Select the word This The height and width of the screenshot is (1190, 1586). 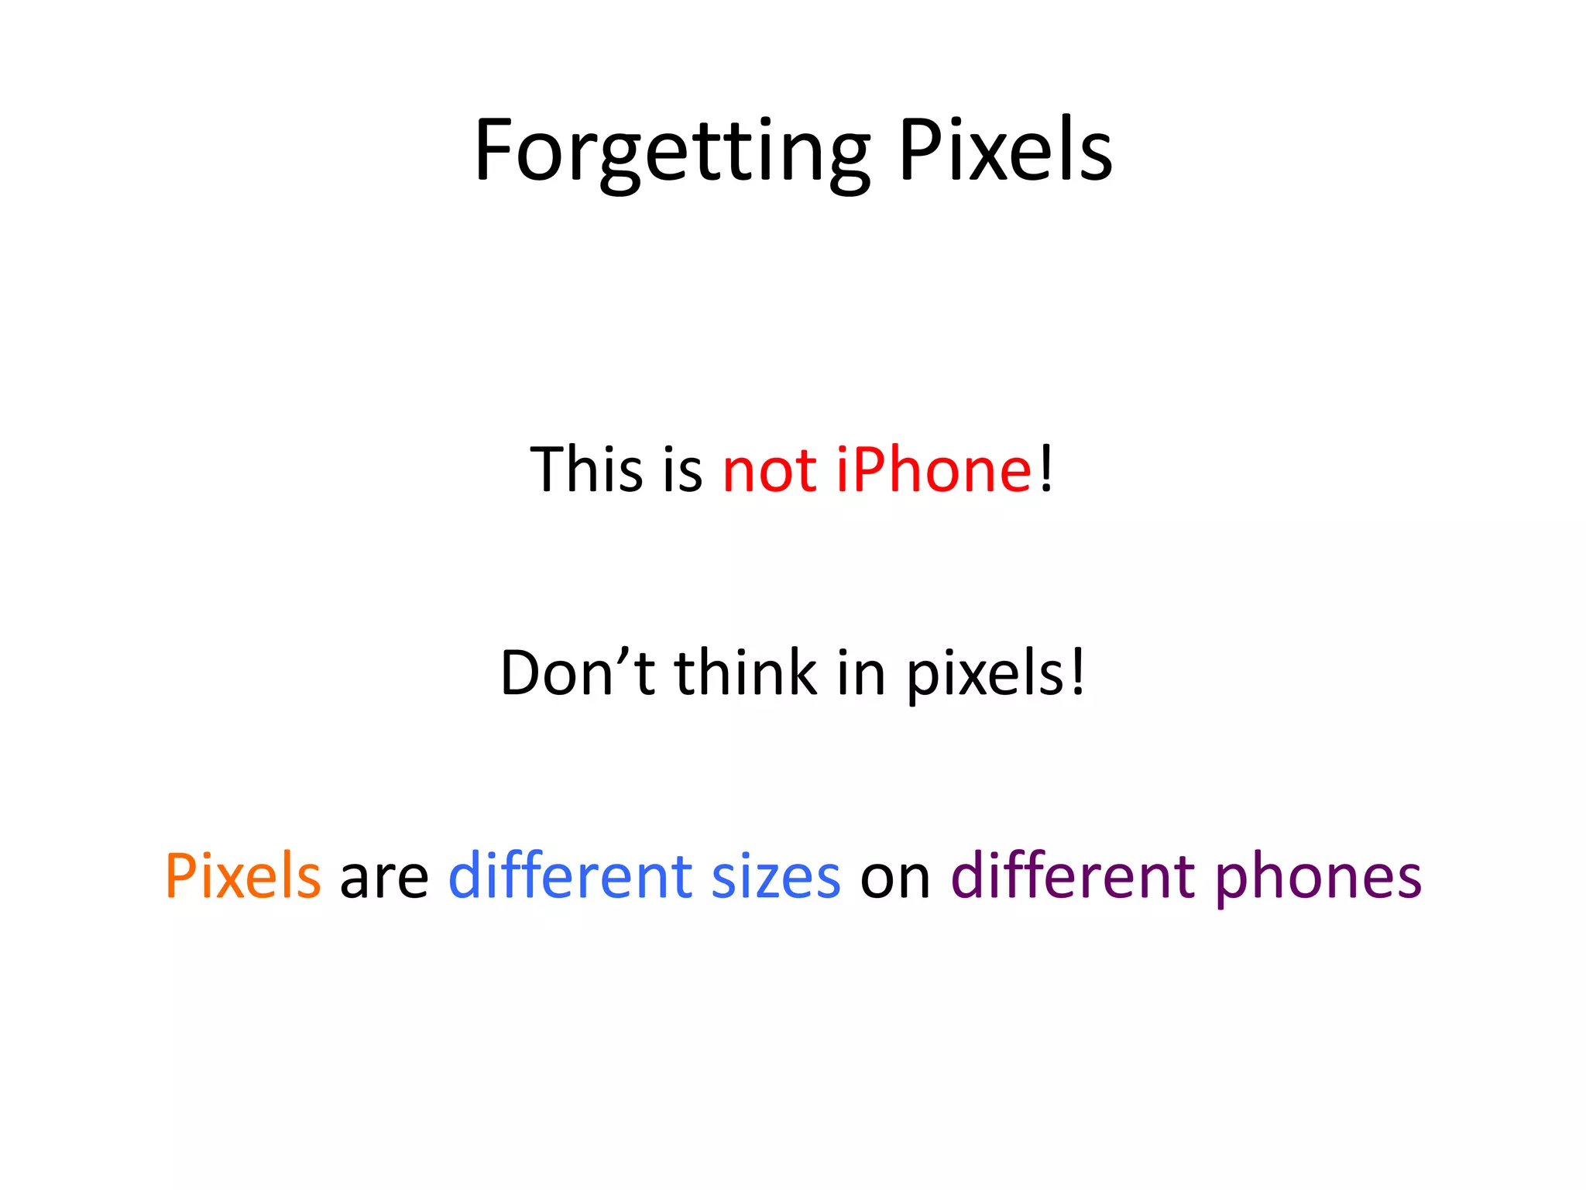[586, 469]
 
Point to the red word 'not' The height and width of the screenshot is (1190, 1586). [769, 471]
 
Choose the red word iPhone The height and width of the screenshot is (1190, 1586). [933, 469]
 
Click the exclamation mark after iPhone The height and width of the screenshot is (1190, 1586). [1046, 469]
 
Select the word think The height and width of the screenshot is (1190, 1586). [745, 672]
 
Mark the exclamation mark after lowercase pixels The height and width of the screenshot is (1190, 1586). [1077, 672]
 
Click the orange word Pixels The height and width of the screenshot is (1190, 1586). [242, 876]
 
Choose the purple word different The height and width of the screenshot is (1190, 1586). [1073, 876]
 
